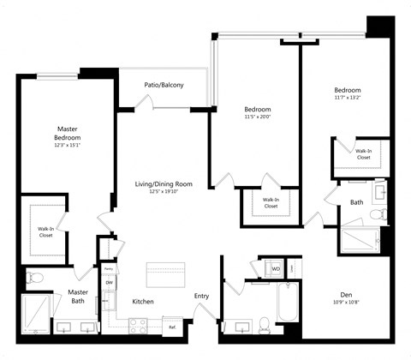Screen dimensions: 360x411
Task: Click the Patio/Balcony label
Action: click(163, 84)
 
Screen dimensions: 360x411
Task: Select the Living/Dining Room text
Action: click(163, 183)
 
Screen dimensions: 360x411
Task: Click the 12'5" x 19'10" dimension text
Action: click(163, 192)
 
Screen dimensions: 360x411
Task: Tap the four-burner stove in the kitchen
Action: click(139, 325)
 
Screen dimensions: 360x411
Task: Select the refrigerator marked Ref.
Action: click(172, 327)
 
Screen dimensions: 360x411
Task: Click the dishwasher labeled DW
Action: click(109, 282)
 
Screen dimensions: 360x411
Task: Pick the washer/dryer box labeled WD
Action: click(276, 268)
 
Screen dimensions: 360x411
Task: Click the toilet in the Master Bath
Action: click(35, 277)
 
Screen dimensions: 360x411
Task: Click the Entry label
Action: click(201, 296)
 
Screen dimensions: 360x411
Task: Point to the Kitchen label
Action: click(142, 302)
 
